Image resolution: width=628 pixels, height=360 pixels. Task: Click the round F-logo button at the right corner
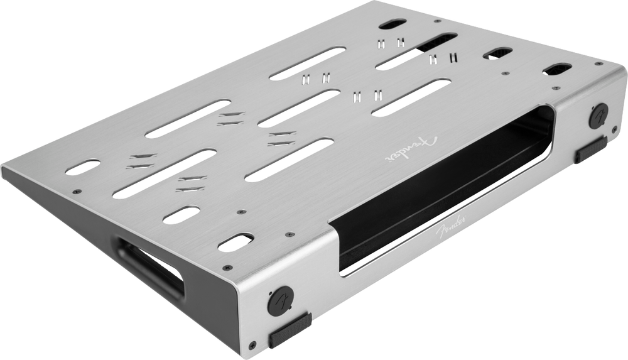click(598, 116)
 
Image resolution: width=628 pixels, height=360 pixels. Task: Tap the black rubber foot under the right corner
click(590, 150)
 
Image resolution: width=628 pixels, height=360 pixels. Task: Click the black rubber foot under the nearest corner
click(290, 330)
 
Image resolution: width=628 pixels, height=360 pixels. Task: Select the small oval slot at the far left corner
click(82, 167)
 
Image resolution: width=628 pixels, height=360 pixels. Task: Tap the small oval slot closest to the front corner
click(235, 243)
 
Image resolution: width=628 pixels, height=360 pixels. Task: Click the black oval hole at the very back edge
click(392, 24)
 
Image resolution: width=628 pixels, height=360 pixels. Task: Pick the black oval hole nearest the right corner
click(557, 68)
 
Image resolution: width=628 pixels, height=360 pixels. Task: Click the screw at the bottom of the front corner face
click(252, 345)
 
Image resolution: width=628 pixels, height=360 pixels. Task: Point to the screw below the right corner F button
click(614, 129)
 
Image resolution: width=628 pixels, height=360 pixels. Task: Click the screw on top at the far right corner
click(600, 63)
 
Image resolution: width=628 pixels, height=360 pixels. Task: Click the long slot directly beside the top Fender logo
click(411, 97)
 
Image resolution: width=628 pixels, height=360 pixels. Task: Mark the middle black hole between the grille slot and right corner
click(497, 53)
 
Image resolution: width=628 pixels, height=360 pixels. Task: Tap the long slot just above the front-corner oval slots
click(165, 173)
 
